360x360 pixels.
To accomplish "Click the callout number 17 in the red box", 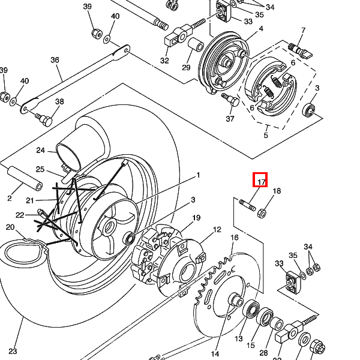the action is [x=262, y=182].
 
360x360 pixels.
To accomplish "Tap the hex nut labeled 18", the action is [x=262, y=214].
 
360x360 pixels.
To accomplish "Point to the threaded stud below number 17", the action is [x=247, y=205].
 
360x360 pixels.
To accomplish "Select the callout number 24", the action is [x=40, y=151].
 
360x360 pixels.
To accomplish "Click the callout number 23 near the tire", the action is [x=13, y=351].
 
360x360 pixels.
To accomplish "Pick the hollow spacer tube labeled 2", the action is [x=25, y=178].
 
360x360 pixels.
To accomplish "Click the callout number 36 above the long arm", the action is [x=55, y=60].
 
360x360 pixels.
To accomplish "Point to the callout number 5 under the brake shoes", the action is [x=266, y=135].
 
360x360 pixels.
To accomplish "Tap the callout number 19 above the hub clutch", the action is [x=196, y=218].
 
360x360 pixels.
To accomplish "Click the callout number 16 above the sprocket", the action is [x=235, y=238].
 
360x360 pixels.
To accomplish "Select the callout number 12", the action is [x=217, y=230].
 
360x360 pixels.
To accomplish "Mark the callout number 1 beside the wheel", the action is [x=198, y=175].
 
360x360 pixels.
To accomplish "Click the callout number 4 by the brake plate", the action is [x=261, y=29].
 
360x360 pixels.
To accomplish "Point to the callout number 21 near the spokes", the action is [x=30, y=200].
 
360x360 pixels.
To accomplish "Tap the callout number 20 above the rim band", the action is [x=10, y=227].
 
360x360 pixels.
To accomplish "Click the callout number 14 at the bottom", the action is [x=215, y=354].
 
